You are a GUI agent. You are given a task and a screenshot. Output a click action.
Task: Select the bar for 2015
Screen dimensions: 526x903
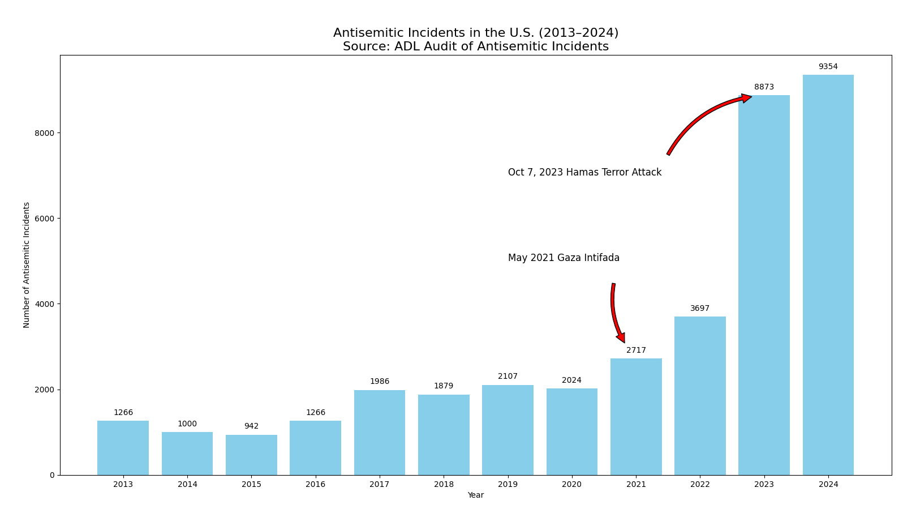point(251,455)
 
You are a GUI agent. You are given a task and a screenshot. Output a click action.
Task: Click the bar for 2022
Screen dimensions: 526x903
point(700,396)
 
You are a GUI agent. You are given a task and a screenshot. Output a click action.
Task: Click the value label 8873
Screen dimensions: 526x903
point(764,87)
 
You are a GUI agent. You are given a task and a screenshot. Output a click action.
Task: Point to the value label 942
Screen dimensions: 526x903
point(251,426)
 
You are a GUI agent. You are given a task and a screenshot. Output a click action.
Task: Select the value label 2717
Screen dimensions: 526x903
point(636,350)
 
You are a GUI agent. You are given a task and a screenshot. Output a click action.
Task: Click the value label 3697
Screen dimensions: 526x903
point(700,309)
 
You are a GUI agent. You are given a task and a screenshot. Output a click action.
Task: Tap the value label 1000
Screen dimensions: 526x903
point(187,424)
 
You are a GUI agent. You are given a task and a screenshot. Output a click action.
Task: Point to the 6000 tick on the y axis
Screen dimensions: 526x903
point(44,219)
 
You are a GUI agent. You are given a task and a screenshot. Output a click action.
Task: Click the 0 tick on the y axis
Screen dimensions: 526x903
point(52,475)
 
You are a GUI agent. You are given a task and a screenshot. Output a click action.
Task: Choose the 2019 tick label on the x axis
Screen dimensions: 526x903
point(508,485)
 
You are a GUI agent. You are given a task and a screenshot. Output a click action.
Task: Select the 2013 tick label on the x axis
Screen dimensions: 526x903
point(123,485)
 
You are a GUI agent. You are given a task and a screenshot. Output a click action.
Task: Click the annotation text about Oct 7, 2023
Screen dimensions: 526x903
point(584,173)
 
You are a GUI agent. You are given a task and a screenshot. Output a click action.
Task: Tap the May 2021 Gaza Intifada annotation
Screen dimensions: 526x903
point(564,258)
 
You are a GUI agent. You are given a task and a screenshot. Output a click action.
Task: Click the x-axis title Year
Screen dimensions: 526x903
point(475,495)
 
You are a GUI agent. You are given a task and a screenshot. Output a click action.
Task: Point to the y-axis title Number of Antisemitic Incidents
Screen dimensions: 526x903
point(27,265)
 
